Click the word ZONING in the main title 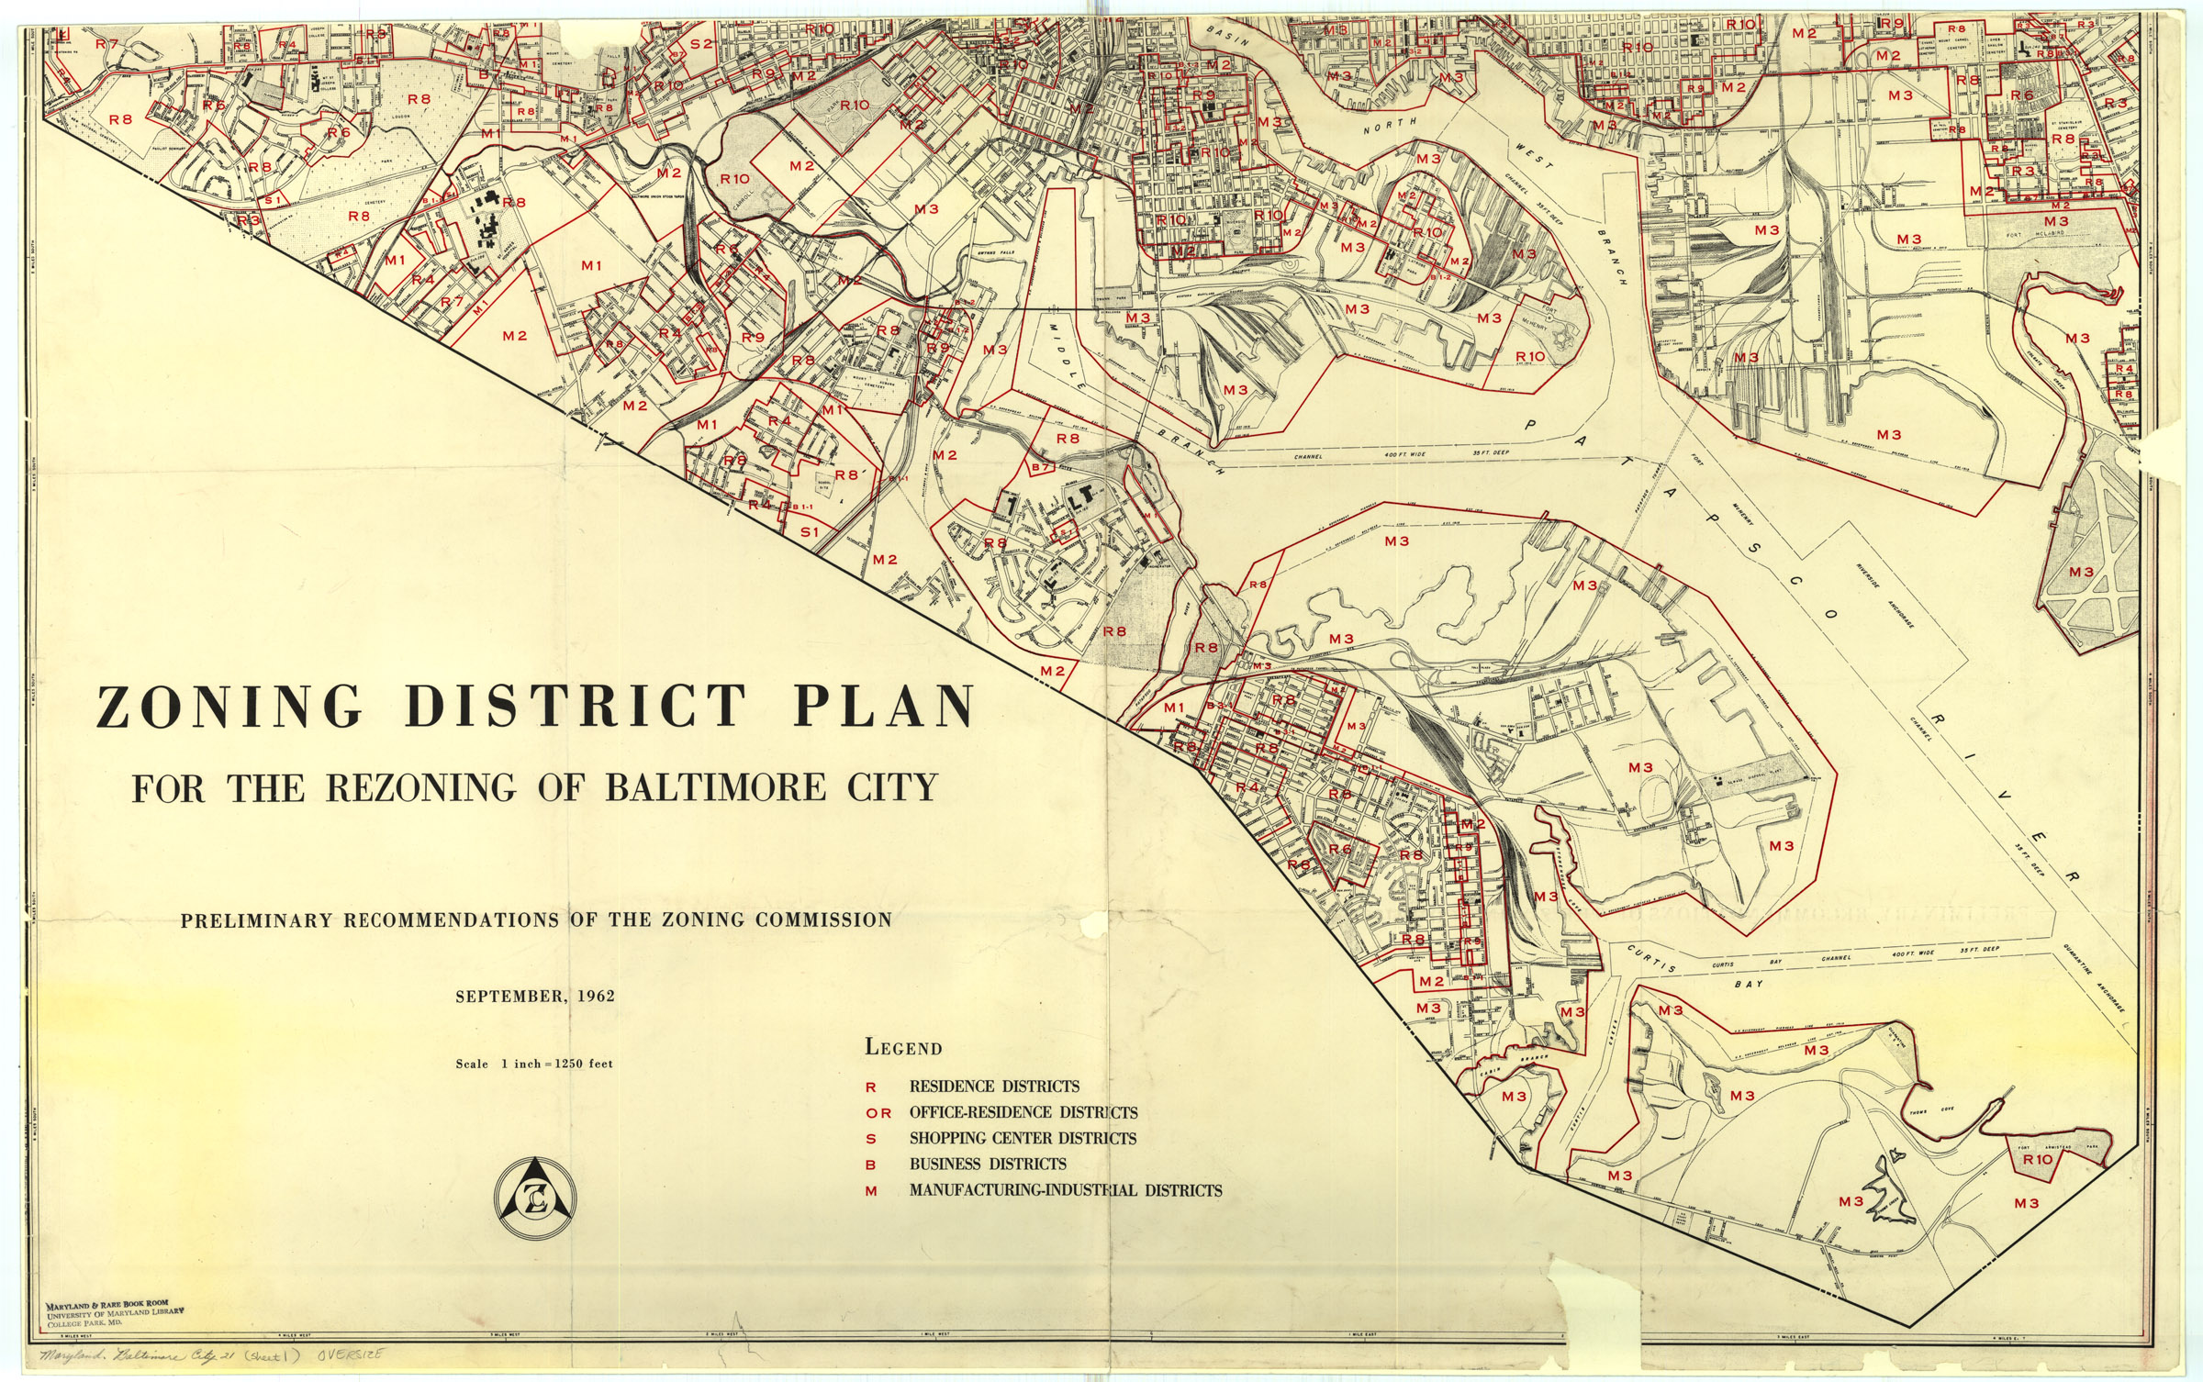(229, 707)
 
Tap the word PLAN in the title (882, 707)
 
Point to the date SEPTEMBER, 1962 (535, 996)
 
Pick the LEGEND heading (903, 1048)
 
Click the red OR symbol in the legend (878, 1113)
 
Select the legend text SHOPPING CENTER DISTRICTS (1022, 1139)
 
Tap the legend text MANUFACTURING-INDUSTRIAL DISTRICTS (1065, 1191)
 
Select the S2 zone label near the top (700, 43)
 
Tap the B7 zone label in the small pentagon (1040, 468)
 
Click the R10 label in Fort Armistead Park (2037, 1159)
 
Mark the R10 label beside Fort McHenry (1530, 356)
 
